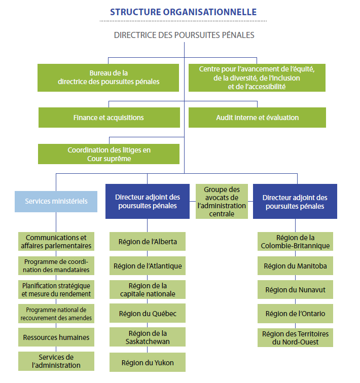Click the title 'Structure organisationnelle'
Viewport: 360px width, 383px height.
[x=183, y=12]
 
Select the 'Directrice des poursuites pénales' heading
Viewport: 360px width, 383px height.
[x=184, y=35]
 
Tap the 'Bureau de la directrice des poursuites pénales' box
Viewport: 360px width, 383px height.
[x=109, y=78]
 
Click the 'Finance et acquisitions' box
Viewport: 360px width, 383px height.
[x=109, y=118]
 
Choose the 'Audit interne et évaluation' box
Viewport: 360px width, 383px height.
[x=257, y=118]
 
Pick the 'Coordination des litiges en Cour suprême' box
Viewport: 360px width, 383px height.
[x=109, y=154]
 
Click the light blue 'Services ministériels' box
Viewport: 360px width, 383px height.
[x=56, y=201]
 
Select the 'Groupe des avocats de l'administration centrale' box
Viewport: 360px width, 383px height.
[x=222, y=201]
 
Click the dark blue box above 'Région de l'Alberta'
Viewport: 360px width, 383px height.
[x=147, y=201]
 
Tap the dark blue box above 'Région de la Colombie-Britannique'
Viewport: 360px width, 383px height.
[x=295, y=201]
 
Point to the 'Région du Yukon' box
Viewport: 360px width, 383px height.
[x=147, y=362]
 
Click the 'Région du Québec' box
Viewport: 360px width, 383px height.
[x=147, y=314]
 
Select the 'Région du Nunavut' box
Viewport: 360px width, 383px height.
[x=295, y=290]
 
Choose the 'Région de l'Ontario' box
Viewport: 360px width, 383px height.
[x=295, y=314]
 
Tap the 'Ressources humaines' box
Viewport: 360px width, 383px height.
[x=56, y=337]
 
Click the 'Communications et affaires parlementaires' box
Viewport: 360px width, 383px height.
[x=56, y=242]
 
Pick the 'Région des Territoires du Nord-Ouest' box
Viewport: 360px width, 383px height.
[x=295, y=337]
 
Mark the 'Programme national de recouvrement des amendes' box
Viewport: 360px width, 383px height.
[x=56, y=314]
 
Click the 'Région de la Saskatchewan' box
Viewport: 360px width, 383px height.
[x=147, y=337]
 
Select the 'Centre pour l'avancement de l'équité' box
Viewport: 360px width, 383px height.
[x=257, y=78]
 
